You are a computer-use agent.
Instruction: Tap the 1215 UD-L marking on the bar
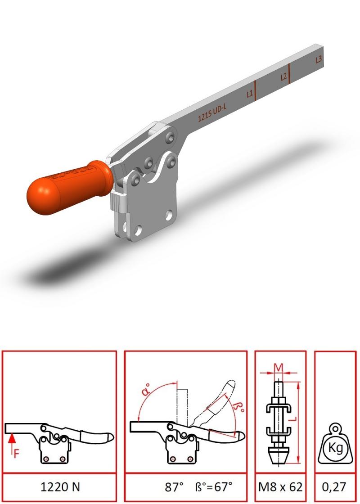point(212,112)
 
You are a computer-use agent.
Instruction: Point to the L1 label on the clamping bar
point(250,94)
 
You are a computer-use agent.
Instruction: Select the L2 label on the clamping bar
point(283,77)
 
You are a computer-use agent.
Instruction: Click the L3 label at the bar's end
point(319,59)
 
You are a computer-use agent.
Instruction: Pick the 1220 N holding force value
point(60,487)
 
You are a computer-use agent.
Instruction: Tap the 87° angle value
point(174,486)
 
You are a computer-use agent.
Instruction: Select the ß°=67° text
point(214,486)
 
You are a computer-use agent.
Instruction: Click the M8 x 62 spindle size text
point(281,487)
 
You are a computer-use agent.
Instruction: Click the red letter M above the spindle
point(279,367)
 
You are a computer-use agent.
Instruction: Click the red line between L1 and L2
point(255,90)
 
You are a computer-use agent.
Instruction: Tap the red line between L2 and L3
point(289,73)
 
